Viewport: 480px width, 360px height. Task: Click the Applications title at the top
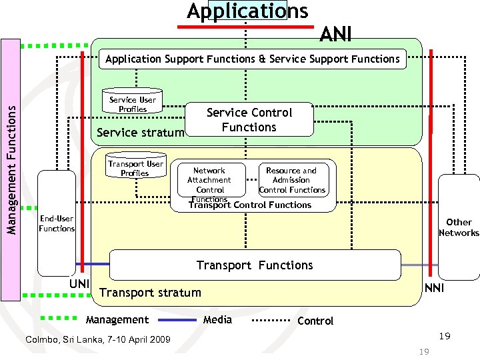(247, 11)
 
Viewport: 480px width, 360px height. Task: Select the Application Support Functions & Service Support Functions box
(252, 59)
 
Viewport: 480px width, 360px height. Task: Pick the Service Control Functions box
(249, 120)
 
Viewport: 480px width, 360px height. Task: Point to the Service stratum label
(140, 132)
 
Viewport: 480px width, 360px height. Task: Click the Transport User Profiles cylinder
(135, 169)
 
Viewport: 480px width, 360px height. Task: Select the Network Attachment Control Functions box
(209, 182)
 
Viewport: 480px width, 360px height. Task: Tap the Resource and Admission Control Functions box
(292, 180)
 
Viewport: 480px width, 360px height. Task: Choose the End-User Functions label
(57, 223)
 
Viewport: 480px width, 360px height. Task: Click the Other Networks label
(459, 227)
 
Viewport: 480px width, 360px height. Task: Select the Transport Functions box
(255, 265)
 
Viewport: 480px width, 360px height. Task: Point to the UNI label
(79, 285)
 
